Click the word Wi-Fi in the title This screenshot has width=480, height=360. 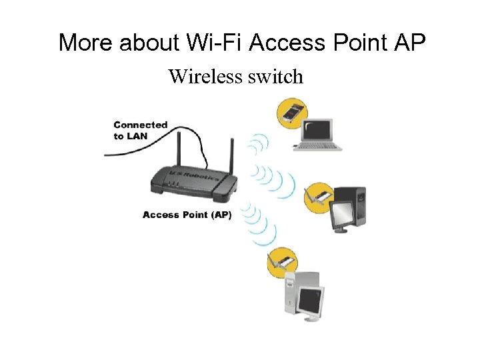click(210, 43)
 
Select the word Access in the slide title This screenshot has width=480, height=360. click(283, 43)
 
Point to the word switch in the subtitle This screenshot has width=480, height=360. click(275, 77)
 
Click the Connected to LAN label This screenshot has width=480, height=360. click(140, 130)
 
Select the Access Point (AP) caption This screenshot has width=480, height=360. click(187, 215)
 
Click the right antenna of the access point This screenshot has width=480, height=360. click(231, 157)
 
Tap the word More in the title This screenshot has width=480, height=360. click(86, 43)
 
